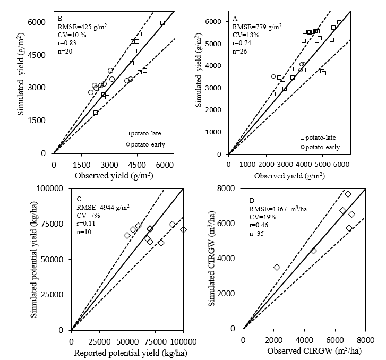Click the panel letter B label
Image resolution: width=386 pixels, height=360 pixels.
coord(60,18)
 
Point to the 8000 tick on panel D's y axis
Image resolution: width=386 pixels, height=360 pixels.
coord(229,188)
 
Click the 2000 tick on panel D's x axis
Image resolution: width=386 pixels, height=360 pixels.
coord(273,340)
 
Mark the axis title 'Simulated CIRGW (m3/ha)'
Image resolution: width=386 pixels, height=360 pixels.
coord(211,259)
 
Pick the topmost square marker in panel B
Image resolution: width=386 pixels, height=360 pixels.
coord(162,23)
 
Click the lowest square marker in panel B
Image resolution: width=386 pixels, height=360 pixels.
coord(96,113)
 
